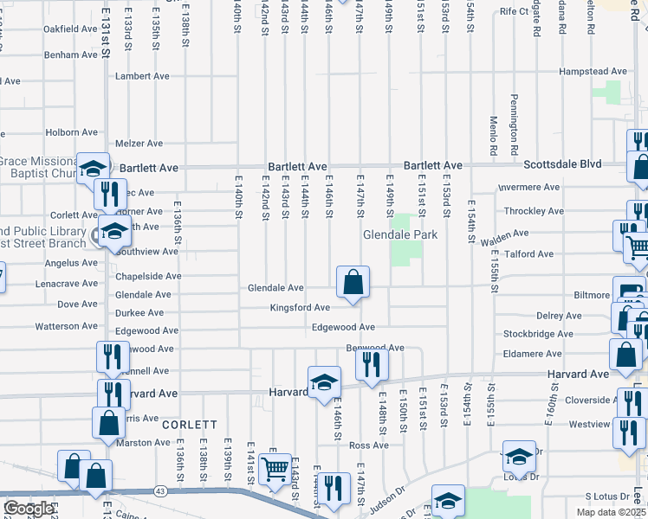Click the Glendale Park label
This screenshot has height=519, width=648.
click(x=399, y=234)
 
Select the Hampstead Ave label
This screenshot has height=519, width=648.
click(x=593, y=72)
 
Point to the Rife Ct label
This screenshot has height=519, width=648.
click(x=514, y=11)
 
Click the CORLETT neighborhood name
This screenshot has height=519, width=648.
click(x=189, y=425)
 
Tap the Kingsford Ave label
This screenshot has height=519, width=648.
click(x=300, y=307)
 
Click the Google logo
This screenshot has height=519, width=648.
click(x=29, y=509)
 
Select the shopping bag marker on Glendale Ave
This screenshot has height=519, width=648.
click(x=353, y=283)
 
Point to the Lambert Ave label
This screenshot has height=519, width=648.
click(x=142, y=76)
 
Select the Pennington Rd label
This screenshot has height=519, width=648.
click(x=514, y=119)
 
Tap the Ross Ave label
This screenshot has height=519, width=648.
click(x=369, y=445)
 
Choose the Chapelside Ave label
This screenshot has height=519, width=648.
click(x=150, y=277)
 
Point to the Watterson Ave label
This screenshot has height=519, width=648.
click(x=66, y=327)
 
